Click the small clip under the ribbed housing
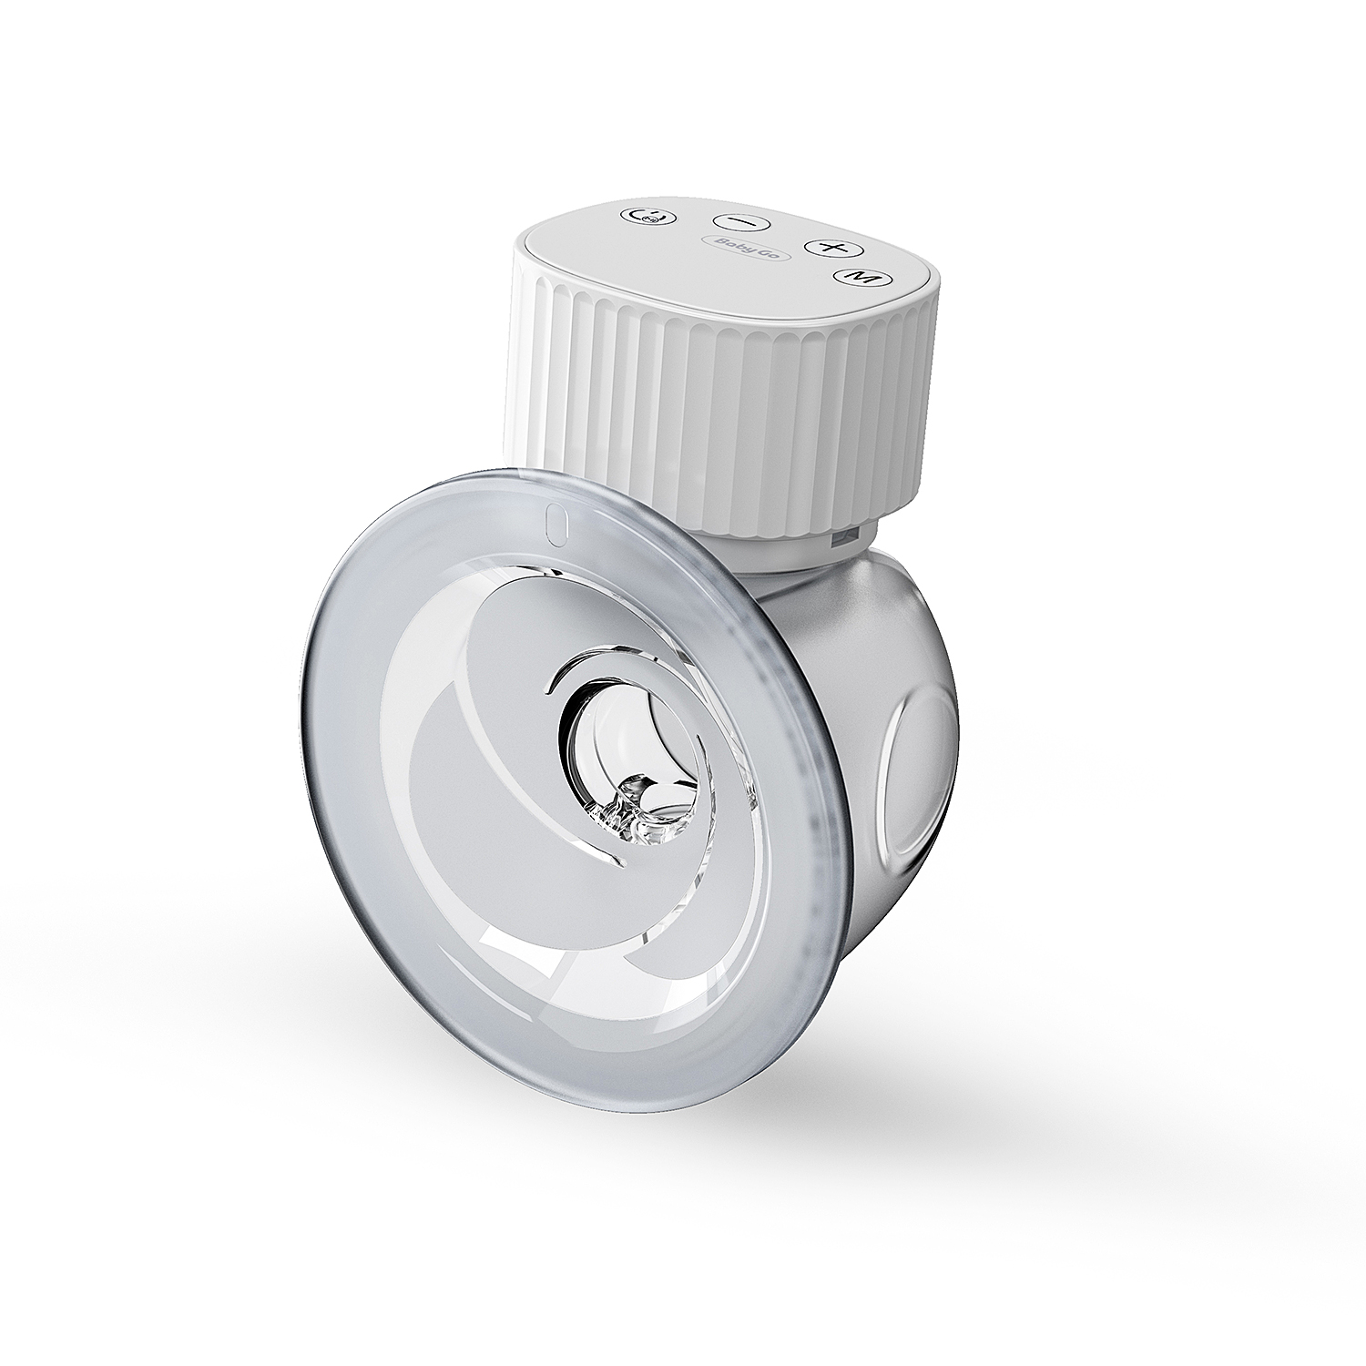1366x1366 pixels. click(844, 539)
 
